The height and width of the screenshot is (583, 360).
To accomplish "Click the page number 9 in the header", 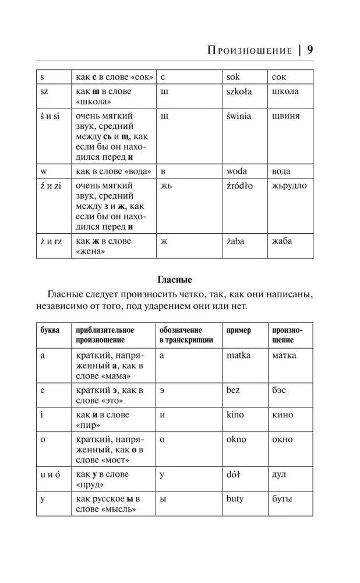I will pyautogui.click(x=310, y=50).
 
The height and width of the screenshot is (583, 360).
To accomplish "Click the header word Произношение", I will pyautogui.click(x=249, y=51).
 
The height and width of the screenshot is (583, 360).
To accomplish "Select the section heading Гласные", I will pyautogui.click(x=175, y=279).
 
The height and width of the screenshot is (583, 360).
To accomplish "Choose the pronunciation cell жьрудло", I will pyautogui.click(x=289, y=185).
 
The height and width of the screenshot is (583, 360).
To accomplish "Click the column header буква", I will pyautogui.click(x=50, y=330).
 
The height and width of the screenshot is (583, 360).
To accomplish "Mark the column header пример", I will pyautogui.click(x=238, y=330).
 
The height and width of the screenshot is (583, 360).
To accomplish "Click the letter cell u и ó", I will pyautogui.click(x=51, y=474).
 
